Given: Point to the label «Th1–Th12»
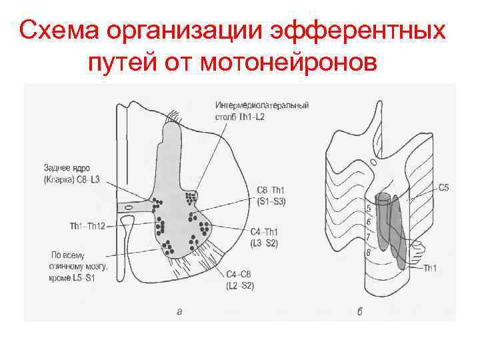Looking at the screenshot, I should (87, 225).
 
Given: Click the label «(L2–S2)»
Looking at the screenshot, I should (240, 285).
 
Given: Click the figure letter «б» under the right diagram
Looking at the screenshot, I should (360, 311).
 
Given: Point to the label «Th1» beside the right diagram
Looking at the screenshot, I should (430, 268).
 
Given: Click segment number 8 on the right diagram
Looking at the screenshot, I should (368, 252).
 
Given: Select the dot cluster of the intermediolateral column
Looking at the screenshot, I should (192, 197).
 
